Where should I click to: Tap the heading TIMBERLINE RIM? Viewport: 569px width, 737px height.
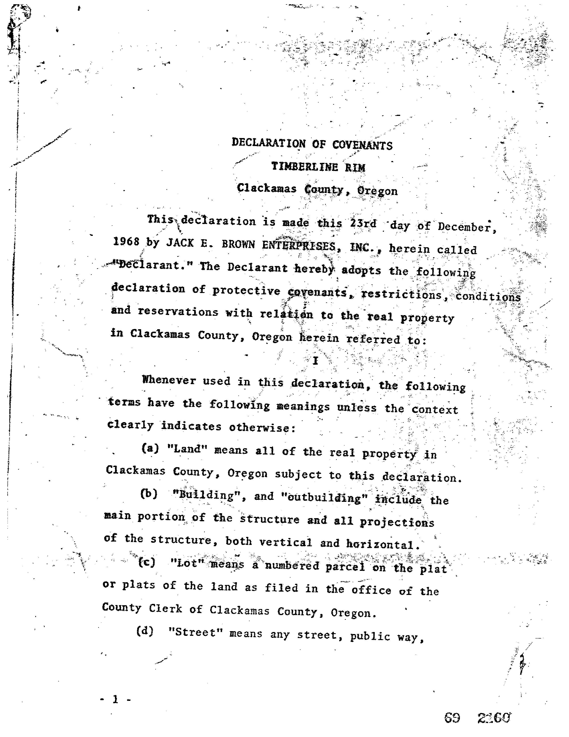318,167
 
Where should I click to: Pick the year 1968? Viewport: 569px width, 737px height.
126,242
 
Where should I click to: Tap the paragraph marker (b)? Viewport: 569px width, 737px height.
149,494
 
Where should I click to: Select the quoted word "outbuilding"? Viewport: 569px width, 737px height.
324,498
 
